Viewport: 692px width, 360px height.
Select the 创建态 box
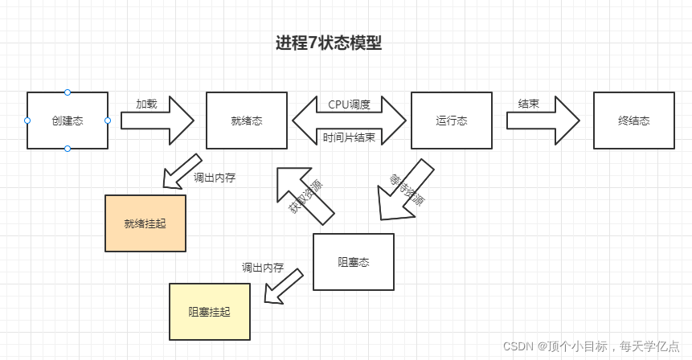coord(68,121)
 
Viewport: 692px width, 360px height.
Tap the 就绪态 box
coord(247,121)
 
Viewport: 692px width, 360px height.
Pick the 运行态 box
coord(452,121)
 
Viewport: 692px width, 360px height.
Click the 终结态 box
coord(633,121)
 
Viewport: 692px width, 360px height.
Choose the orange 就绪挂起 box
coord(145,223)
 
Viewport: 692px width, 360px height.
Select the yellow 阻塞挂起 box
coord(210,312)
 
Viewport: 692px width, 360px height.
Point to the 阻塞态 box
coord(354,262)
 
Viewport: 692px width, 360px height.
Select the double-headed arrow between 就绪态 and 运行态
coord(349,121)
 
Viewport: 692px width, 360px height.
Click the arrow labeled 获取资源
coord(305,195)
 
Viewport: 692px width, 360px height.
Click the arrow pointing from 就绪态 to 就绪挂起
coord(182,170)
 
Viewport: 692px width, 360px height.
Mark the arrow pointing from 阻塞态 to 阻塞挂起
coord(284,287)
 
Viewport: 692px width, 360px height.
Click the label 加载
coord(146,104)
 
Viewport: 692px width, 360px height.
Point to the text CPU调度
coord(349,104)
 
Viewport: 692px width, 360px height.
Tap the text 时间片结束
coord(349,137)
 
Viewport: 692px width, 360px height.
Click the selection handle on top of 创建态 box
coord(68,92)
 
